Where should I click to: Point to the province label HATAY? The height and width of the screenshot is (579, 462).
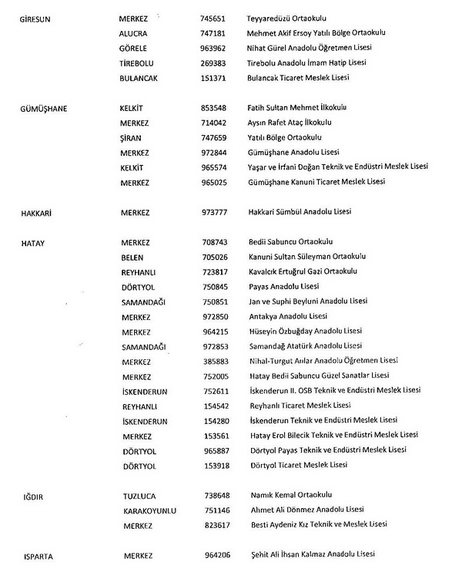click(x=32, y=243)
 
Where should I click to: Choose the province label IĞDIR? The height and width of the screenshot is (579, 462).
click(x=32, y=497)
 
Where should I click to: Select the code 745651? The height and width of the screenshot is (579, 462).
click(x=214, y=17)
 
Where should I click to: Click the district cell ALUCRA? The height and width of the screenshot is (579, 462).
click(x=134, y=34)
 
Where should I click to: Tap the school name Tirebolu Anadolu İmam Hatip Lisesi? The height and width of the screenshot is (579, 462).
click(x=306, y=63)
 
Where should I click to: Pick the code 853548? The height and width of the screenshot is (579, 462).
click(x=215, y=108)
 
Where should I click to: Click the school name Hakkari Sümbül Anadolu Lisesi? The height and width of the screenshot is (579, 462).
click(x=300, y=212)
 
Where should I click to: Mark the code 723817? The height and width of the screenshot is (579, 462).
click(x=215, y=271)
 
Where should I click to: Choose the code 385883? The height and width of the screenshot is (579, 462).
click(x=215, y=362)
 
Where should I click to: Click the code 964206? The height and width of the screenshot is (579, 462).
click(x=216, y=555)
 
